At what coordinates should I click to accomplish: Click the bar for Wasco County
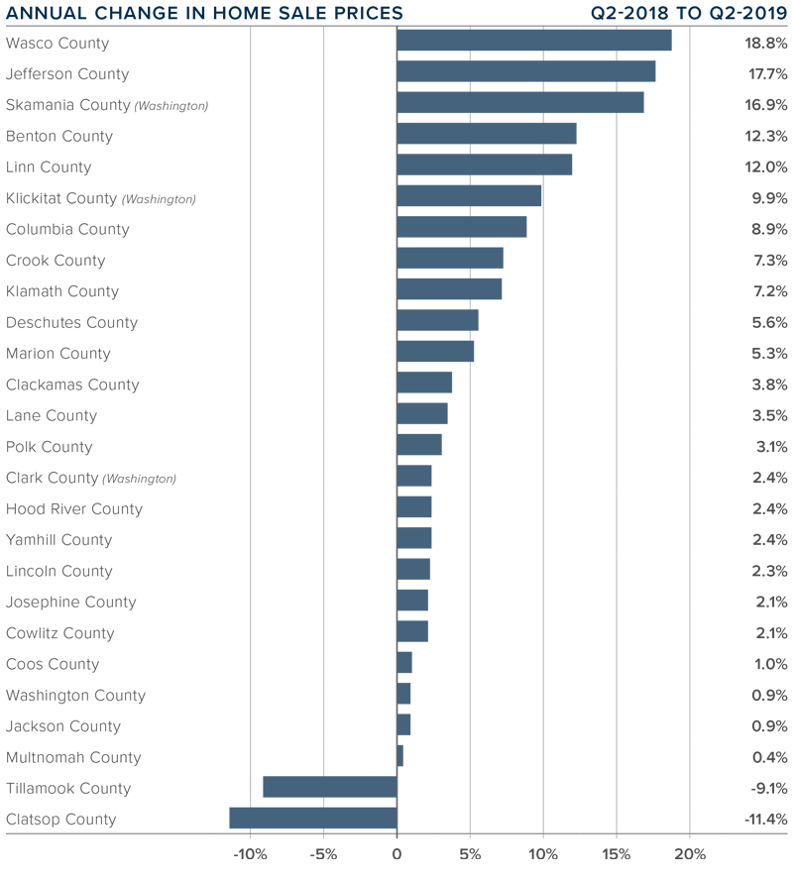(x=533, y=41)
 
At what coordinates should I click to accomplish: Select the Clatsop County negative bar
(x=313, y=819)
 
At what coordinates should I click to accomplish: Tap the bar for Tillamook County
(x=330, y=787)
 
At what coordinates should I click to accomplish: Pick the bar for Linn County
(x=484, y=165)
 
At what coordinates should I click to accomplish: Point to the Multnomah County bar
(x=399, y=756)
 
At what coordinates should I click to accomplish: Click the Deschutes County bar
(x=437, y=321)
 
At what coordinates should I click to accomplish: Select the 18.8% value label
(x=765, y=43)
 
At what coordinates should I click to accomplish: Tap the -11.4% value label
(x=765, y=820)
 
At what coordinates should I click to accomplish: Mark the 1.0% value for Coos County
(x=769, y=664)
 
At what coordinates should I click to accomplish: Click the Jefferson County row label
(x=67, y=74)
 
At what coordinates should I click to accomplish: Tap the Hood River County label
(x=74, y=509)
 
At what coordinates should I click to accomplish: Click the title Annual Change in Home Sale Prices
(x=205, y=13)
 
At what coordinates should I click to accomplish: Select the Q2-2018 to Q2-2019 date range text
(x=689, y=13)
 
